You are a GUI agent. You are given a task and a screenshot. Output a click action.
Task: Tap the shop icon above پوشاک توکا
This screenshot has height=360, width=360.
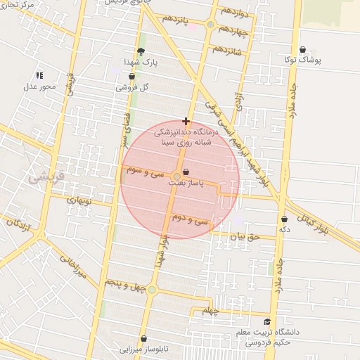click(302, 50)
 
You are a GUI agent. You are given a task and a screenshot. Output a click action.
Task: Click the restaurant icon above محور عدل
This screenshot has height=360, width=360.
click(39, 75)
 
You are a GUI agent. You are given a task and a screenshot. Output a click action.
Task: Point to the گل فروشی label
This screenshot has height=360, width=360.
click(136, 87)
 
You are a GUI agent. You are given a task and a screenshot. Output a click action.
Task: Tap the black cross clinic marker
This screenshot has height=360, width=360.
click(186, 121)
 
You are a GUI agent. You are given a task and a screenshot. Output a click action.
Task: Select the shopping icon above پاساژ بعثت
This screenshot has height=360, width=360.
click(186, 172)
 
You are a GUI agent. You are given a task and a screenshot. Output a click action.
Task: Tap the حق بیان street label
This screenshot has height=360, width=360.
click(245, 237)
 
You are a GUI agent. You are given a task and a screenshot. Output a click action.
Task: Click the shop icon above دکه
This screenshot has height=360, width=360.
click(284, 219)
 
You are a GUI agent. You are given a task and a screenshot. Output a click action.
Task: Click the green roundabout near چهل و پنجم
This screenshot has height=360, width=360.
click(152, 290)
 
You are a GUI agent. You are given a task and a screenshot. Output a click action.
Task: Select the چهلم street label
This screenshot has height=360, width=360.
click(211, 311)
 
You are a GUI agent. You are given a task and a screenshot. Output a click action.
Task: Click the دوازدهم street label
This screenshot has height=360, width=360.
click(233, 11)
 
